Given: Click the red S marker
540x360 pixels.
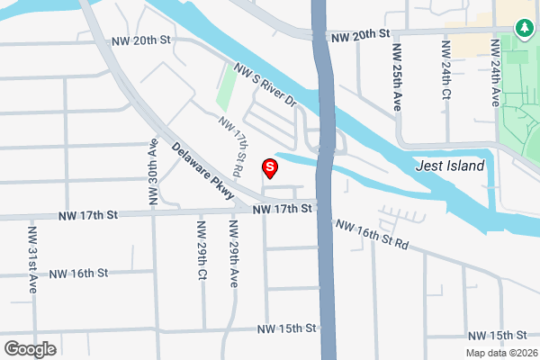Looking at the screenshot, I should [x=268, y=167].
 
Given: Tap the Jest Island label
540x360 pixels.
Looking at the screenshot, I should [x=450, y=166].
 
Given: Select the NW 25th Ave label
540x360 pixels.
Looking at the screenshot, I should [x=397, y=75].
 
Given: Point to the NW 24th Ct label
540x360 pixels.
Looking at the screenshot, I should [x=445, y=67].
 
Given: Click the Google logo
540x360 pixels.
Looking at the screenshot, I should [x=30, y=349].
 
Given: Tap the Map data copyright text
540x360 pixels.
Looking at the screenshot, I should [x=501, y=353].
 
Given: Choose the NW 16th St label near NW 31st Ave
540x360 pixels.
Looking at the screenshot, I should [x=78, y=273].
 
